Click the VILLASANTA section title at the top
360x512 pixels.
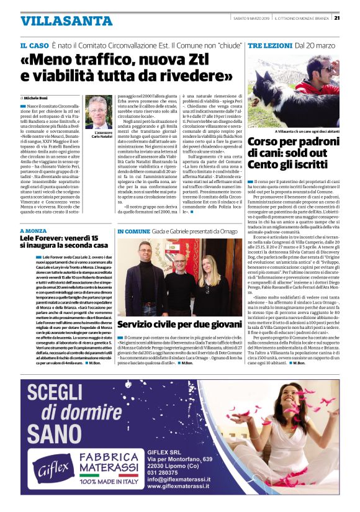pyautogui.click(x=56, y=21)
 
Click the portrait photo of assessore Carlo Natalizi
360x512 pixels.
pyautogui.click(x=99, y=112)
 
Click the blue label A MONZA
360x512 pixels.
pyautogui.click(x=32, y=230)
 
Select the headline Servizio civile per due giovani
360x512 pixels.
pyautogui.click(x=179, y=324)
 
